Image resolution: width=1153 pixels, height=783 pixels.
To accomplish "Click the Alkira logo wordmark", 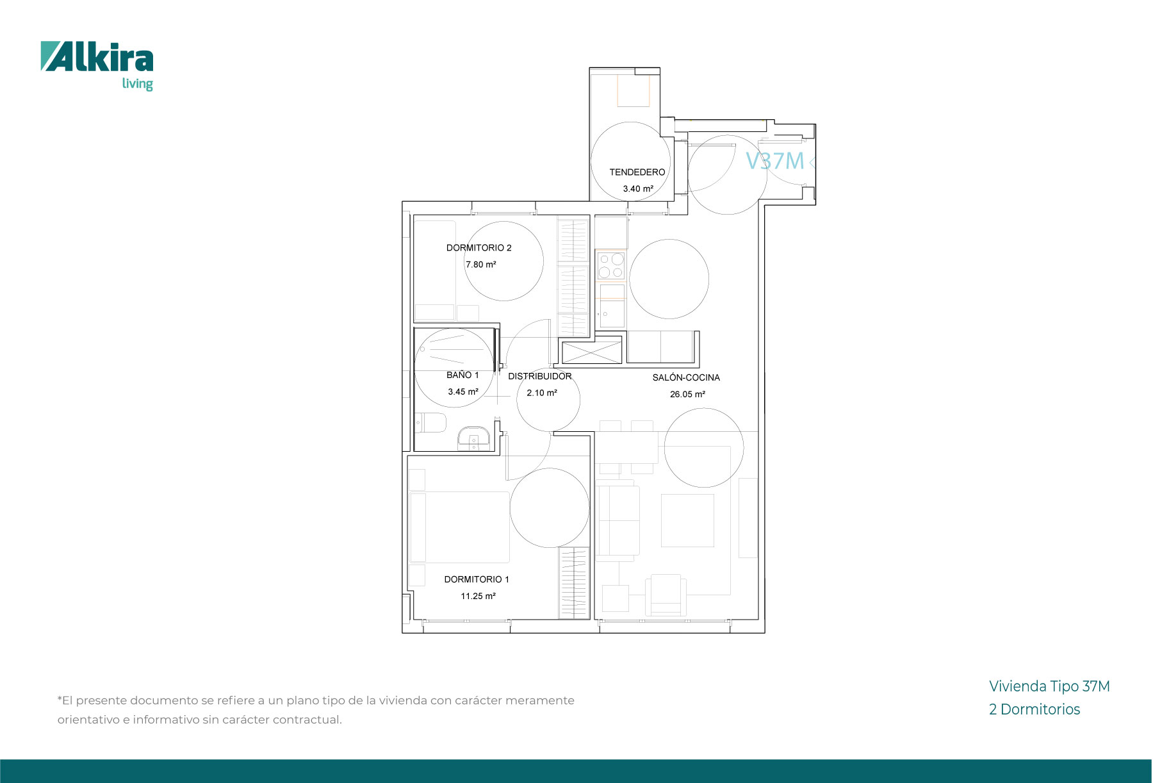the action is (x=97, y=56).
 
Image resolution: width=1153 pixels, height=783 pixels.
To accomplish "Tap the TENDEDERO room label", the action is (x=637, y=172).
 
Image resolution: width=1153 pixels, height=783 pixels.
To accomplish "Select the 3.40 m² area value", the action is (x=638, y=189).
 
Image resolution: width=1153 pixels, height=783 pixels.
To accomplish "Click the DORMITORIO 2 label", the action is (x=479, y=248).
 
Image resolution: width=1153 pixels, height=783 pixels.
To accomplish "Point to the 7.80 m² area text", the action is (x=481, y=265).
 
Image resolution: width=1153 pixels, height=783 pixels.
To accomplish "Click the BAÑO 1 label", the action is (x=463, y=375).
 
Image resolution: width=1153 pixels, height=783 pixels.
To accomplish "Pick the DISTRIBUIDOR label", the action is (x=540, y=376).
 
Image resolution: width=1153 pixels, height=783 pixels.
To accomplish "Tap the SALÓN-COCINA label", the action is (x=686, y=377).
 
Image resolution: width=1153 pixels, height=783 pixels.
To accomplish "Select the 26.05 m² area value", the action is (x=688, y=394).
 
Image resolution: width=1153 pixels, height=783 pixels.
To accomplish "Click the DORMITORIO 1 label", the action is (x=477, y=579).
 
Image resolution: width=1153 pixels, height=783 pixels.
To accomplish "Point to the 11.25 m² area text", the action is (x=478, y=596).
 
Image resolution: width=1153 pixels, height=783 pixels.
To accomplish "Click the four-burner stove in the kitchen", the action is (x=611, y=266).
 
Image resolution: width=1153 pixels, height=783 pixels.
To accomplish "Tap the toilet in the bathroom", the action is (x=430, y=423).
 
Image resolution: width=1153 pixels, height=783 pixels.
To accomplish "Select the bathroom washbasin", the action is (x=473, y=438).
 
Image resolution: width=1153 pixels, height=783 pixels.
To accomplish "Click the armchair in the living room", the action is (x=666, y=595).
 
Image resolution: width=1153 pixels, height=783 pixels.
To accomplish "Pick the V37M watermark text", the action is (x=774, y=161).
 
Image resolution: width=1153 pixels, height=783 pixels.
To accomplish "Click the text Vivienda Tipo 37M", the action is (x=1049, y=686).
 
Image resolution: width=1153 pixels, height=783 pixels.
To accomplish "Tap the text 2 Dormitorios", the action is (x=1034, y=709).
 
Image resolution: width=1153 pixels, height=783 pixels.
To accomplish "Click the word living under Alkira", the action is (x=138, y=84).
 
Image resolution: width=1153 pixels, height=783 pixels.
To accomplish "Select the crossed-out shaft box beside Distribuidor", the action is (x=592, y=352).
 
